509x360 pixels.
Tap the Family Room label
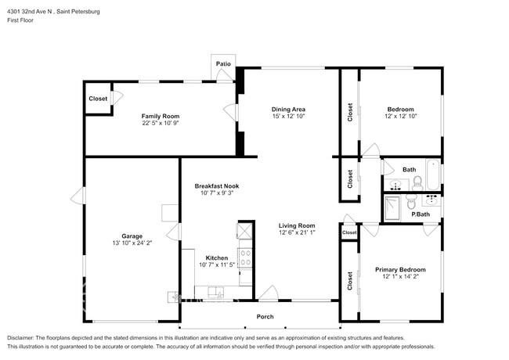click(x=160, y=116)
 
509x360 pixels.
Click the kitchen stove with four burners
click(x=244, y=257)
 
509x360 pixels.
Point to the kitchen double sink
click(x=215, y=293)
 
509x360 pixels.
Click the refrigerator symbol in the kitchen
click(x=244, y=232)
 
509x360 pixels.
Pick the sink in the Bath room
click(x=395, y=185)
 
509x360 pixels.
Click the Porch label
click(x=265, y=317)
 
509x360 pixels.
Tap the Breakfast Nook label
click(x=217, y=186)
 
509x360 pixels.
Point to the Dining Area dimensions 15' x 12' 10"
click(x=288, y=116)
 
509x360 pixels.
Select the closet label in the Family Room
click(x=98, y=99)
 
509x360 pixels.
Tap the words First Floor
click(x=21, y=21)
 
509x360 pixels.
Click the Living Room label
click(x=297, y=225)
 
